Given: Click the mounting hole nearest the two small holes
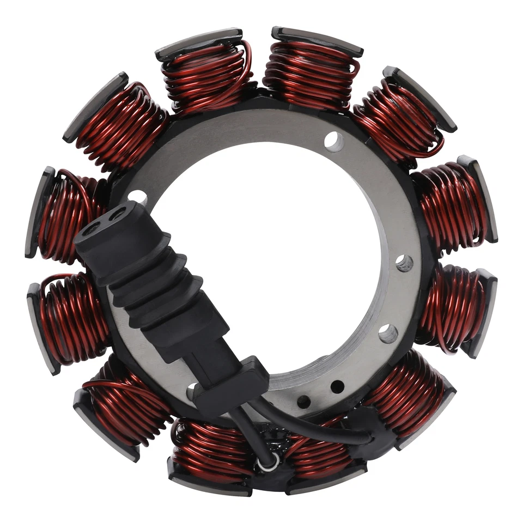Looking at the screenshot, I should pos(388,333).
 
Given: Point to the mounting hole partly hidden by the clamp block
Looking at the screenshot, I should pos(192,391).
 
